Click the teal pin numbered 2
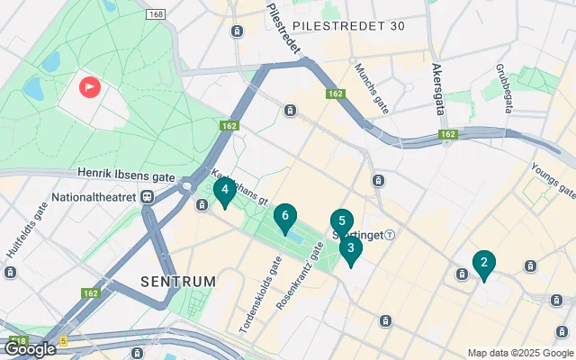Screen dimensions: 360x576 [x=483, y=264]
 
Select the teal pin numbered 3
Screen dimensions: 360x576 [x=350, y=248]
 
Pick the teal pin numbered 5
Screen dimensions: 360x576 [x=341, y=222]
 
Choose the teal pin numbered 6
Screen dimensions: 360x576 [x=284, y=216]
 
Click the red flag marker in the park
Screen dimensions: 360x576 [x=91, y=86]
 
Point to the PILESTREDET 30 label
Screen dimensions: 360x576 [x=350, y=25]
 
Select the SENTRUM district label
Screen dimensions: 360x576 [x=178, y=282]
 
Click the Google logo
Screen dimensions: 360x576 [x=30, y=349]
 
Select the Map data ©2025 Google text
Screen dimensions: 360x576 [x=520, y=353]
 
